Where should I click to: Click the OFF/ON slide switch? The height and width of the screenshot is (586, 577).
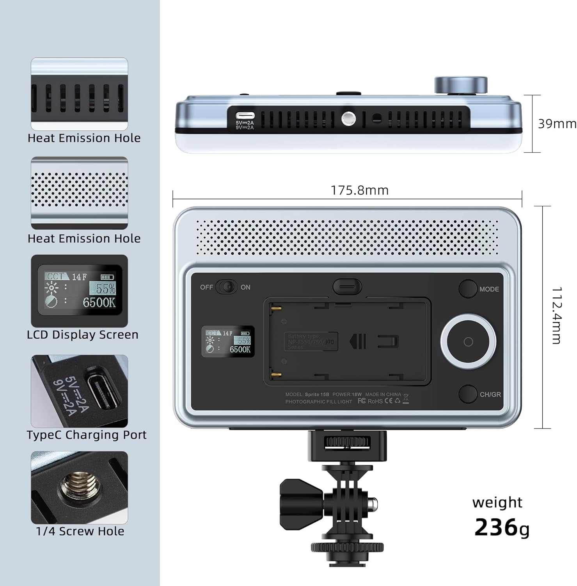[x=227, y=287]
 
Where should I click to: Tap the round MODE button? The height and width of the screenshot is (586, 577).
[x=468, y=289]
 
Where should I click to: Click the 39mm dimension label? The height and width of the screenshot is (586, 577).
[x=557, y=124]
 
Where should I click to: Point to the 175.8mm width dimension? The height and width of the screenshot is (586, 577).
[x=359, y=190]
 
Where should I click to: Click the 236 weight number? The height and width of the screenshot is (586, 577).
[x=495, y=527]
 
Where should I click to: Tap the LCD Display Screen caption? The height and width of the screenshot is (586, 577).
[x=83, y=335]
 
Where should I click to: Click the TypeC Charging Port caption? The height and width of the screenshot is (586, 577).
[x=87, y=435]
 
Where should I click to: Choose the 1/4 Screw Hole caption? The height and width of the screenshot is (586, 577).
[x=80, y=531]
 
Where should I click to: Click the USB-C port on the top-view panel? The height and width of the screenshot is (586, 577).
[x=245, y=116]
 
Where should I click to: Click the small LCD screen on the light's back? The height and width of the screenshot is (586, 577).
[x=228, y=341]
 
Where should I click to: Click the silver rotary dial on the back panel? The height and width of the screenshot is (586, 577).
[x=468, y=342]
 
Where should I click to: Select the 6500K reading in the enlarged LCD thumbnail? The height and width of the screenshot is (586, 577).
[x=99, y=302]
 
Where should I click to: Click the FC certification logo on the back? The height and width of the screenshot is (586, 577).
[x=362, y=401]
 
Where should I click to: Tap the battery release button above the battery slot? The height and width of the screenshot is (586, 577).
[x=347, y=286]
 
